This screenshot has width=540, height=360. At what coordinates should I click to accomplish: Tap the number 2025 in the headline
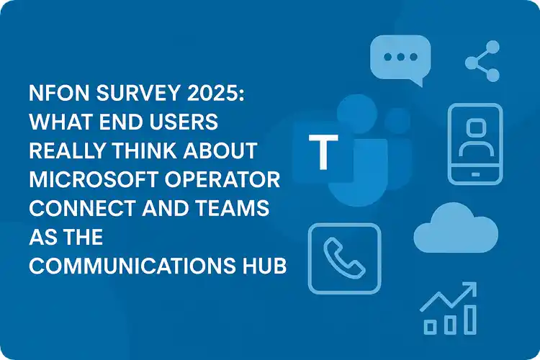click(215, 93)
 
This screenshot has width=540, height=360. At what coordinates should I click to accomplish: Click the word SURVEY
click(138, 93)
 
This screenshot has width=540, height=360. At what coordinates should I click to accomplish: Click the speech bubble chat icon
click(400, 59)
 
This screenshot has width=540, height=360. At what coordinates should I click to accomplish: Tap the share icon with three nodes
click(482, 61)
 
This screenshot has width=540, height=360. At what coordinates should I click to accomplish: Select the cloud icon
click(456, 228)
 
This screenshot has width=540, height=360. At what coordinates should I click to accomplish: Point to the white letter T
click(323, 152)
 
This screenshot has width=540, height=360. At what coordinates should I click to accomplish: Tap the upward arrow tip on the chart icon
click(476, 283)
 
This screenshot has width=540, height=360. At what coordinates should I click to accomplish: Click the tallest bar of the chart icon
click(470, 320)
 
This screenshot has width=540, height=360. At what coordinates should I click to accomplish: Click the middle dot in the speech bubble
click(400, 57)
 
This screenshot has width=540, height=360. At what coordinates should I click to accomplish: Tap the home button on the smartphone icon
click(476, 175)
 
